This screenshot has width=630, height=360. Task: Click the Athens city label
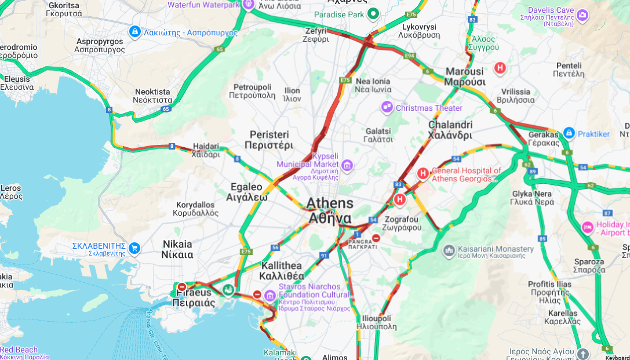point(329,210)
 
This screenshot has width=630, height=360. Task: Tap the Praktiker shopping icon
point(569,133)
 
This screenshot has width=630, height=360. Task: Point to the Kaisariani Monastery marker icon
point(449,251)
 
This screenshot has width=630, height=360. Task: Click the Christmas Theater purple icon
point(387,107)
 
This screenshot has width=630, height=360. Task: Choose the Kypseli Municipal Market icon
point(347,166)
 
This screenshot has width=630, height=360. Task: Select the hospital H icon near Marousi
point(500,68)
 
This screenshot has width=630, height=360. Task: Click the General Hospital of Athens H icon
point(423,173)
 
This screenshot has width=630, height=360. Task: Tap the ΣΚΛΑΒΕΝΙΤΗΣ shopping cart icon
point(134,248)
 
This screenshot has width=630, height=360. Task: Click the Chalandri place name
point(450,130)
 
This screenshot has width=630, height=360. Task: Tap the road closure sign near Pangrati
point(376,238)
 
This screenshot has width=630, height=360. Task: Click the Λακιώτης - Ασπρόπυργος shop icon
point(134,31)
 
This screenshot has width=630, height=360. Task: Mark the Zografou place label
point(402,224)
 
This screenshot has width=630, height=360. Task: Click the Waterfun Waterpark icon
point(248,5)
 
